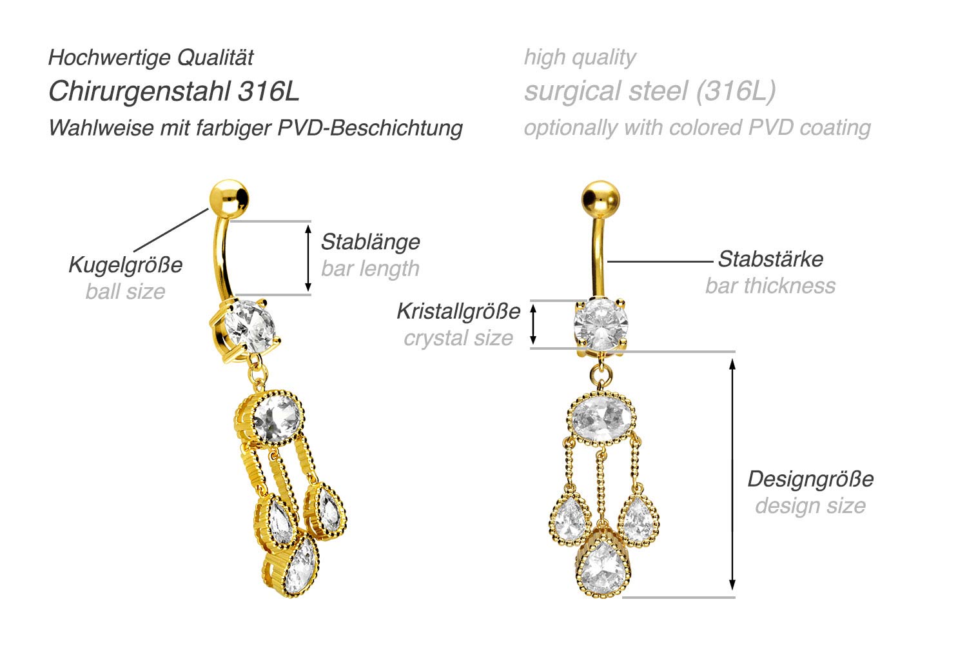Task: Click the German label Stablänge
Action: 370,242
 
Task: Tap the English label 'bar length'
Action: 370,268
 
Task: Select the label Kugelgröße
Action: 125,265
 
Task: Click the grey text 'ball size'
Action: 125,292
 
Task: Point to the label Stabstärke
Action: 770,259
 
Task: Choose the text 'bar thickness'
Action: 770,286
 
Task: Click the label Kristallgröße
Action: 458,311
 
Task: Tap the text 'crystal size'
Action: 458,338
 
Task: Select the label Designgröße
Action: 810,479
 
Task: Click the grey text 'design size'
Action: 810,506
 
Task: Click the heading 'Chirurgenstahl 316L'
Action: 174,92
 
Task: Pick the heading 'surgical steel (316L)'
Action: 650,92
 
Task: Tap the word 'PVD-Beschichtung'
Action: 370,128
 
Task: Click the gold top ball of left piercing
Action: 229,197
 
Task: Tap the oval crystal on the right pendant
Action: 603,418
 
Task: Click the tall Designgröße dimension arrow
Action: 732,474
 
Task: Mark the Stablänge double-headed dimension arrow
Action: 308,258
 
